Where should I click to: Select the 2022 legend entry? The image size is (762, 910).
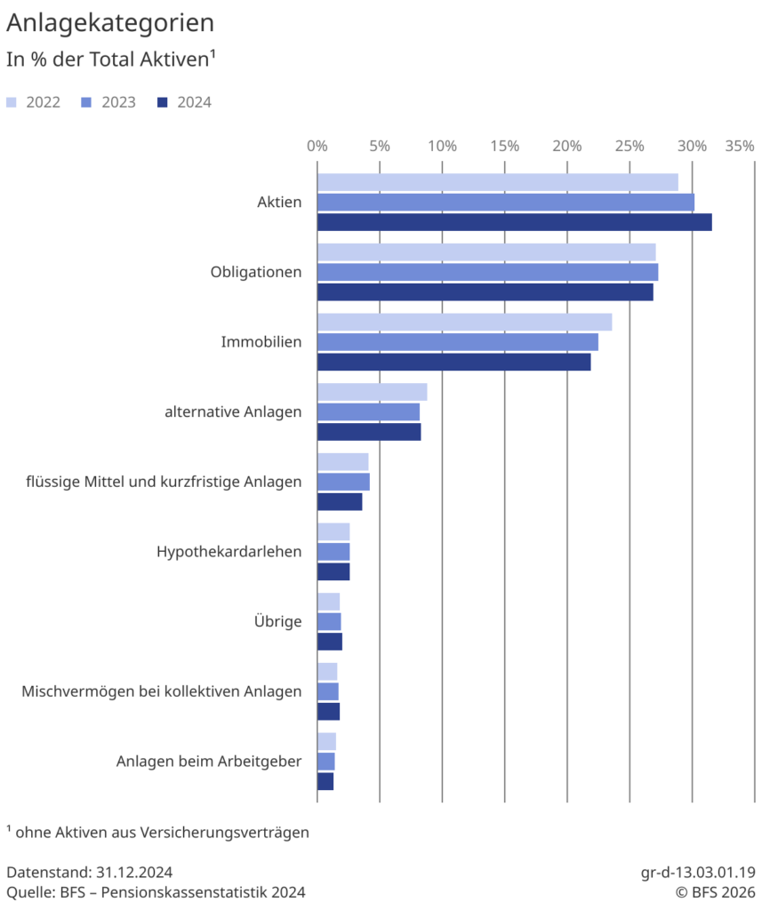pos(33,102)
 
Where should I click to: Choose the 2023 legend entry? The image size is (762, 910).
pos(108,102)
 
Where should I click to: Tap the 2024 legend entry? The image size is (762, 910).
pos(184,102)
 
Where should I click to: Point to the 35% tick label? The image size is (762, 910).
pos(739,146)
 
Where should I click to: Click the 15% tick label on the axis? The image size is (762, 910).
pos(504,146)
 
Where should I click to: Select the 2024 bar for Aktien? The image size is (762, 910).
pos(514,222)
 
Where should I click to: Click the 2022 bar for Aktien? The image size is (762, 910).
pos(497,182)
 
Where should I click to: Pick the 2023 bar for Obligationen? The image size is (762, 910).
pos(487,272)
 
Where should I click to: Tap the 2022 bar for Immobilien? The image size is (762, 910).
pos(464,322)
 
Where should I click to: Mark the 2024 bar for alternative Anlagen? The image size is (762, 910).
pos(369,432)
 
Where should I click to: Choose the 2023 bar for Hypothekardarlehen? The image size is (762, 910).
pos(333,551)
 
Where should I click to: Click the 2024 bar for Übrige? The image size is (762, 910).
pos(330,642)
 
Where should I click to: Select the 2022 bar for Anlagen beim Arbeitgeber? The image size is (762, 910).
pos(326,741)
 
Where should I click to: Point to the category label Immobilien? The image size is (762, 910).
pos(261,341)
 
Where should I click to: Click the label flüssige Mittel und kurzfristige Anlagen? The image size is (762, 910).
pos(164,482)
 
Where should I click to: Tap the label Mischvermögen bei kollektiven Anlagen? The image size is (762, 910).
pos(161,691)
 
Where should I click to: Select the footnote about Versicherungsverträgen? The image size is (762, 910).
pos(157,833)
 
